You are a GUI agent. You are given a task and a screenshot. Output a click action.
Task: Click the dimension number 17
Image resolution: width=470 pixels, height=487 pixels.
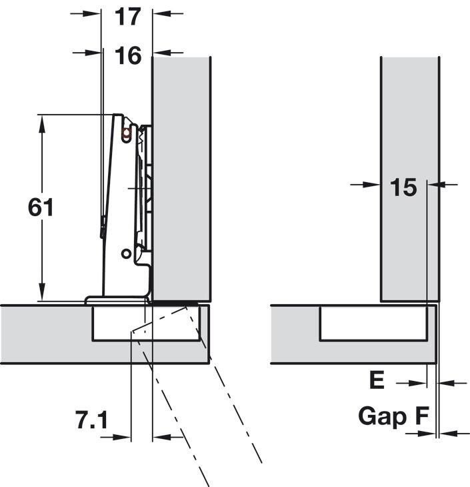(x=127, y=16)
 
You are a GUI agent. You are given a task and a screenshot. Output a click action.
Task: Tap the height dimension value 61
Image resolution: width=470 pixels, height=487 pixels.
(x=41, y=208)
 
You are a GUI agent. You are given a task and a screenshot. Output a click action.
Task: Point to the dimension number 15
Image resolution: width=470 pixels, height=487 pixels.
(x=403, y=188)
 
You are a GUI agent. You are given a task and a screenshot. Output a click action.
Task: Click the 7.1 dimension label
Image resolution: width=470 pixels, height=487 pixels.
(x=91, y=420)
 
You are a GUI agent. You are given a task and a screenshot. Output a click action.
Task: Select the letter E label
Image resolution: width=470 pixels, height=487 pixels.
(x=377, y=381)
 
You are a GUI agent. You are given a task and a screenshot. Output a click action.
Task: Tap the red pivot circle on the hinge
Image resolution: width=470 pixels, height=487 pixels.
(x=126, y=132)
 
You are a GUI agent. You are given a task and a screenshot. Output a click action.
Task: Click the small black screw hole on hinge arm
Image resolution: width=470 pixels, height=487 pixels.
(x=125, y=254)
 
